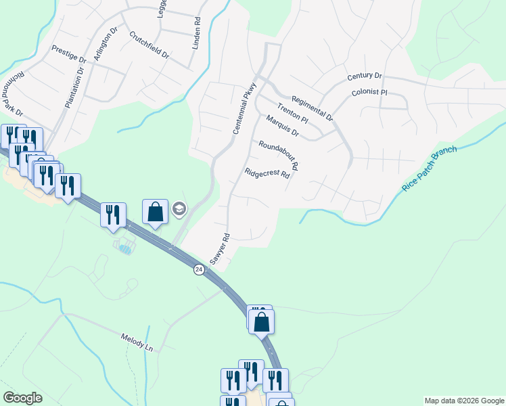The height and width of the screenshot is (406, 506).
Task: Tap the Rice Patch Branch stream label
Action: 430,168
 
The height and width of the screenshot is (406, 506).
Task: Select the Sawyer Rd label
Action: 221,249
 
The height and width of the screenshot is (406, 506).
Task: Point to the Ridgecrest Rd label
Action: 267,173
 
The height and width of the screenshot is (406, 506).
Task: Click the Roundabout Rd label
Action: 278,155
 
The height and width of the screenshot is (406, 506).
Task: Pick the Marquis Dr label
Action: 282,125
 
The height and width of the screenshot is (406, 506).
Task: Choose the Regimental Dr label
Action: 312,108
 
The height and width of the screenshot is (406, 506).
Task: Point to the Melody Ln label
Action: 137,342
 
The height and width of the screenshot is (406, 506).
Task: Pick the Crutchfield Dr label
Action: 149,45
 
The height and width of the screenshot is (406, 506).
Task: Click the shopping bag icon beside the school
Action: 155,212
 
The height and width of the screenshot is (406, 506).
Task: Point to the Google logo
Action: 22,398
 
